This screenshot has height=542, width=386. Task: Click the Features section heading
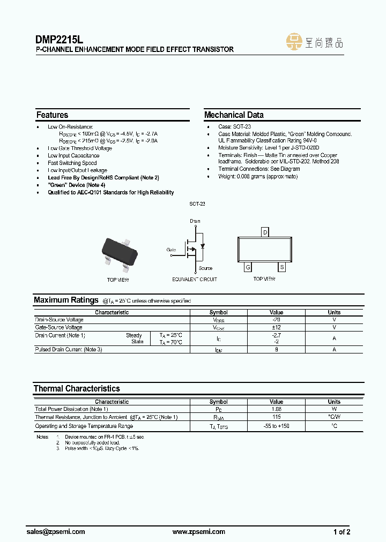(52, 115)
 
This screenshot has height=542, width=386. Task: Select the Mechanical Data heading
(234, 115)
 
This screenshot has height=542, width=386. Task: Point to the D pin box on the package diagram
(264, 232)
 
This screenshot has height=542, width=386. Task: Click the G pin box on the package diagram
(248, 267)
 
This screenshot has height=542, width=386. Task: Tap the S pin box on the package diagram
(281, 267)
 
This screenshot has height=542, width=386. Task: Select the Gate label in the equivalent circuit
(171, 250)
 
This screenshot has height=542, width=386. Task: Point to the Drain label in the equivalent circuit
(195, 221)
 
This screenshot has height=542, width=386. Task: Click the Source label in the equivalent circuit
(205, 268)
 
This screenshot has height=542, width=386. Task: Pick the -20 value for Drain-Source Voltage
(277, 320)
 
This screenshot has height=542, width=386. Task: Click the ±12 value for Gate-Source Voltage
(277, 327)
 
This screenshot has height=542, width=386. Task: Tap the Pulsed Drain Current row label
(69, 349)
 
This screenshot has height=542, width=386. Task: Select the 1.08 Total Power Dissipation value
(277, 409)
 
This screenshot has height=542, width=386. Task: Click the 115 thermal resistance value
(277, 417)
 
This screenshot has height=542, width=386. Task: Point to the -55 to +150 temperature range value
(277, 426)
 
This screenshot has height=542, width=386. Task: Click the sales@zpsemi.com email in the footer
(56, 532)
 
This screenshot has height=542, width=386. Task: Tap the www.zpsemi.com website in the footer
(199, 532)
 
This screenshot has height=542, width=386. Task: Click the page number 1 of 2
(342, 532)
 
